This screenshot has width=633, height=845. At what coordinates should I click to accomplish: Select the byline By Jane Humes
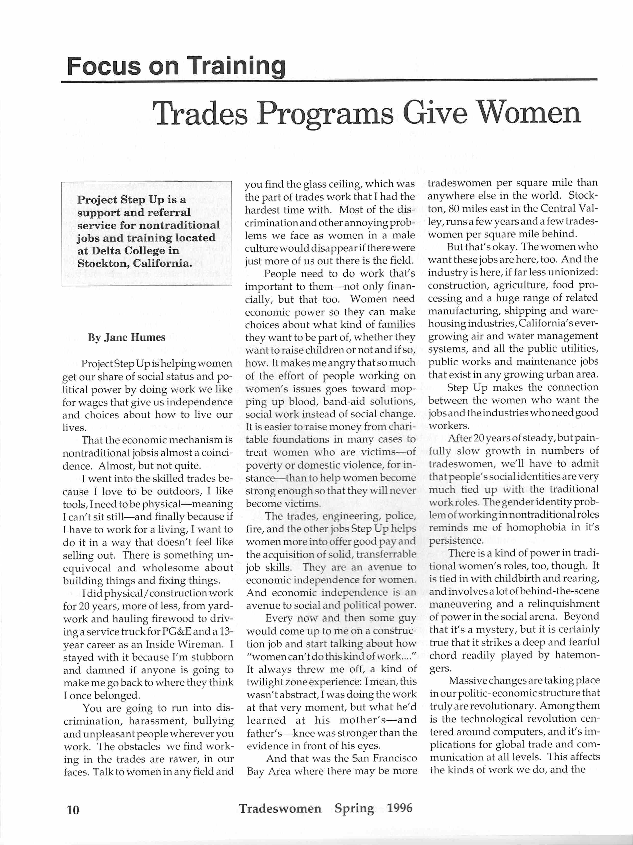pos(126,337)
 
